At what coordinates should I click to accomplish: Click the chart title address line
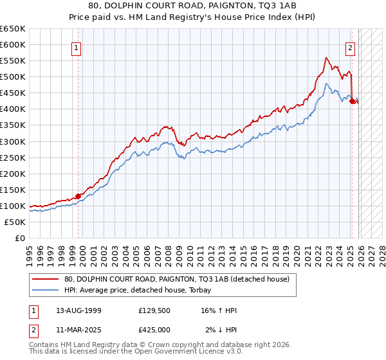(x=192, y=6)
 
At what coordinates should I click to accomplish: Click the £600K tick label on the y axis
(x=13, y=44)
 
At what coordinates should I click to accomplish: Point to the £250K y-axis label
(x=13, y=157)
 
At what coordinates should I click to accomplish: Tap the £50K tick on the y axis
(x=15, y=222)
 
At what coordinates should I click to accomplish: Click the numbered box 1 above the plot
(x=77, y=47)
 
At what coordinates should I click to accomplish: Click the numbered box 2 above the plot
(x=350, y=47)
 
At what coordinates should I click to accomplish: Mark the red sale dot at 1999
(x=78, y=196)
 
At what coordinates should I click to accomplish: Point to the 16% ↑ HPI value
(x=219, y=310)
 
